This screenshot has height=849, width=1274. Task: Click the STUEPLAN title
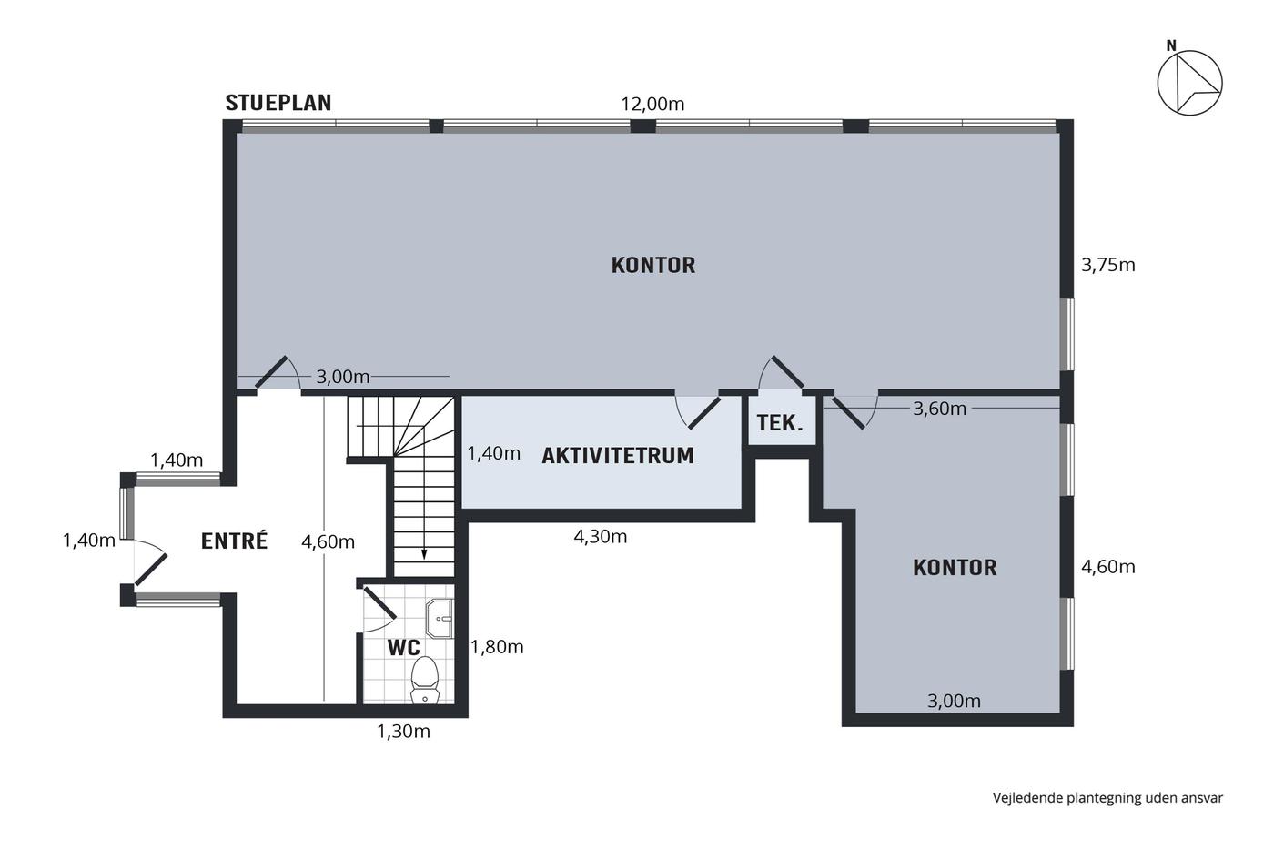(x=278, y=103)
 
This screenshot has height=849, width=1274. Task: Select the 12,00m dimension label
(x=652, y=104)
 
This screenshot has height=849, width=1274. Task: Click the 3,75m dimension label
(x=1108, y=265)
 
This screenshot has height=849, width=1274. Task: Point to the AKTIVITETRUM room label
(x=618, y=456)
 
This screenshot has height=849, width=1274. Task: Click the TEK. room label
(x=779, y=422)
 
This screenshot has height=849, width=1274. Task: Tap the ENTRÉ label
(x=235, y=541)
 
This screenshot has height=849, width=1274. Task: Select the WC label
(x=403, y=647)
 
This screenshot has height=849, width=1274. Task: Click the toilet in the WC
(x=424, y=680)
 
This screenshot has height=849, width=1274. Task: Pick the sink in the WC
(x=440, y=618)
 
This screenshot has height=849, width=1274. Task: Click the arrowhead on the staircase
(x=424, y=553)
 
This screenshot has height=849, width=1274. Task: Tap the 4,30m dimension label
(x=600, y=536)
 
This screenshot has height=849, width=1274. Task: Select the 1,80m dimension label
(x=497, y=647)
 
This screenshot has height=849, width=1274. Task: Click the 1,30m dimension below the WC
(x=403, y=732)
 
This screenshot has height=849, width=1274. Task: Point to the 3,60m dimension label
(x=939, y=409)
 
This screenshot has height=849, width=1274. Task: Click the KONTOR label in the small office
(x=955, y=568)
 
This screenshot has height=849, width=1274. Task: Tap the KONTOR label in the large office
(x=653, y=265)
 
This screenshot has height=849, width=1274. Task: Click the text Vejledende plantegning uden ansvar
(x=1107, y=798)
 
